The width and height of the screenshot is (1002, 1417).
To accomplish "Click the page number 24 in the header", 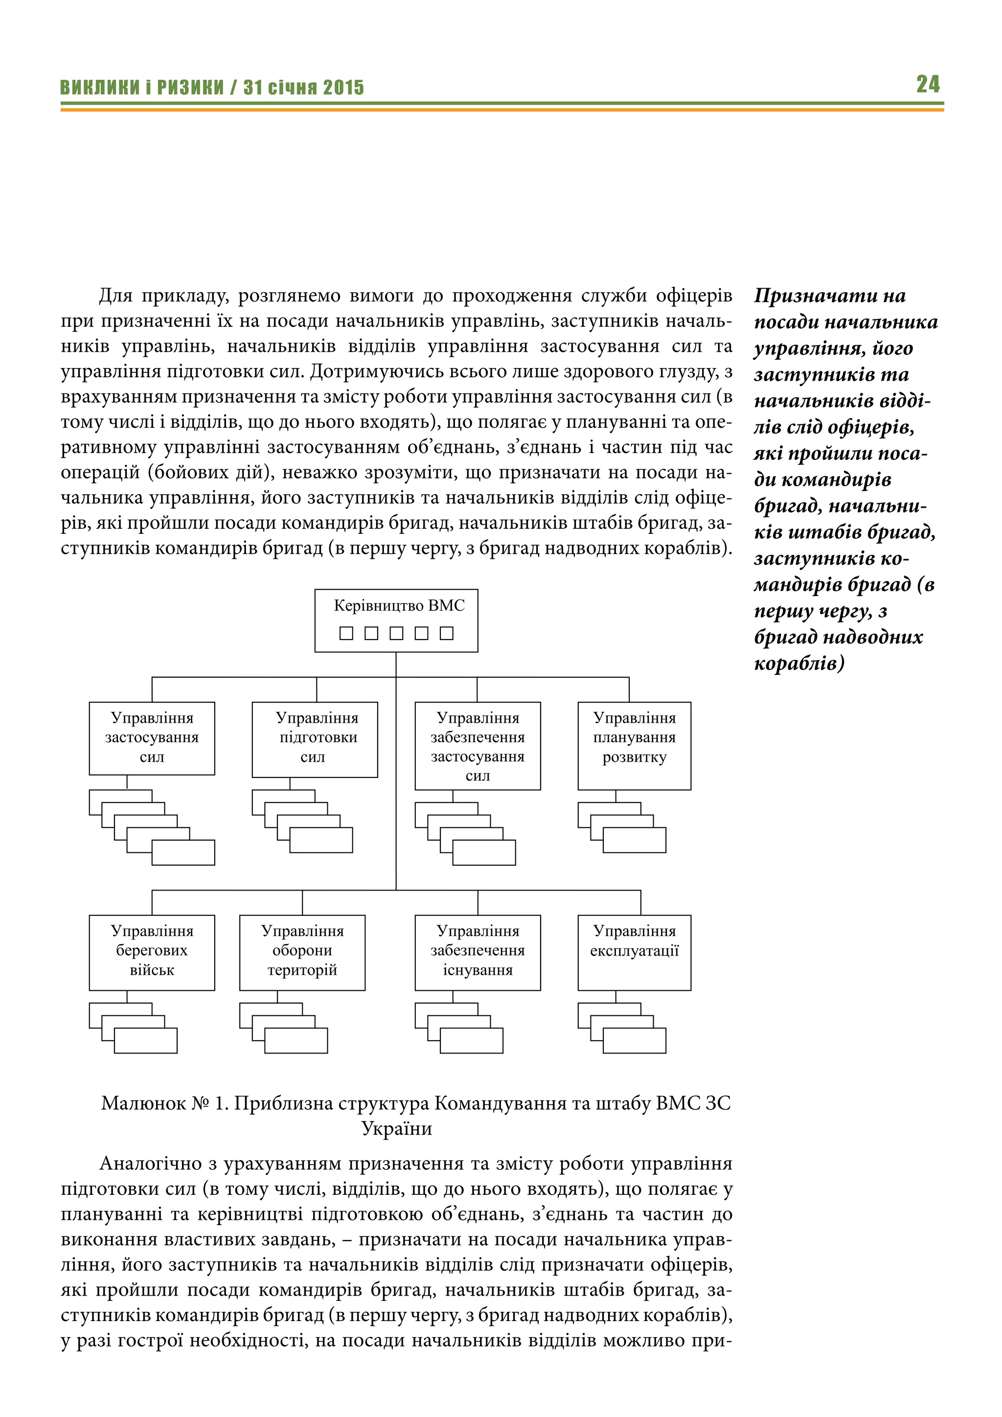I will [x=927, y=84].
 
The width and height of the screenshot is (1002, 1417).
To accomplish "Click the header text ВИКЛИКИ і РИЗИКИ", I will [x=141, y=88].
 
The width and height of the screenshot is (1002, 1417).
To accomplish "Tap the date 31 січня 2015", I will [x=303, y=88].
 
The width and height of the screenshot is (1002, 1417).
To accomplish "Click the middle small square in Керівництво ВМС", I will [x=396, y=633].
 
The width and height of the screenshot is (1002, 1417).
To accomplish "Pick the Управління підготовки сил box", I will [x=315, y=739].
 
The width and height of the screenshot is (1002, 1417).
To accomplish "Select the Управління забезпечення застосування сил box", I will [x=478, y=746].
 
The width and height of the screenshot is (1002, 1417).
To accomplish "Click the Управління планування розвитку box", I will [x=634, y=746].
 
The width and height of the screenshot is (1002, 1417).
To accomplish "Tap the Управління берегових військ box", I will [x=152, y=952].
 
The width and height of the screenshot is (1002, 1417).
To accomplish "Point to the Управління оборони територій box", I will [x=302, y=952].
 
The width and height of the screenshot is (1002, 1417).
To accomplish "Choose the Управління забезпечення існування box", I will [x=478, y=952].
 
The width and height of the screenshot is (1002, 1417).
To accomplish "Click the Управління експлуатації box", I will [x=634, y=952].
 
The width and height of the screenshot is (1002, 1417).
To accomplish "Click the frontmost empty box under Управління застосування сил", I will [x=183, y=853].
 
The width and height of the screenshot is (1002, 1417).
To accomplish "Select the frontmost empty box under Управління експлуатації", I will [x=634, y=1041].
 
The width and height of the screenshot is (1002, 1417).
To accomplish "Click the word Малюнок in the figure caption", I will [x=143, y=1103].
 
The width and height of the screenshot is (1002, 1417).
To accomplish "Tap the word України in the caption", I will [x=396, y=1129].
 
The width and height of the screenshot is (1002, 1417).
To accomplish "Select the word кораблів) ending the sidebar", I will [x=799, y=663].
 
